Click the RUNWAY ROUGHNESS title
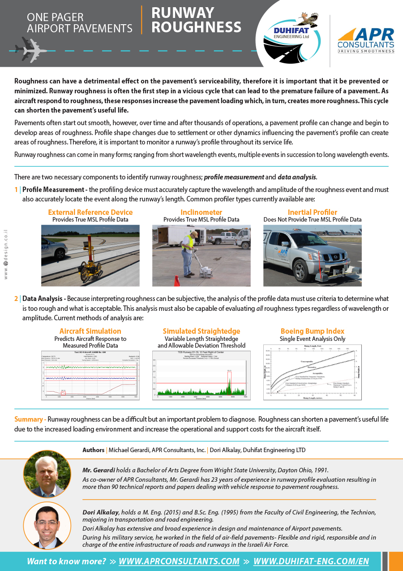coord(196,20)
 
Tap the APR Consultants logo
coord(366,40)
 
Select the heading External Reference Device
coord(90,212)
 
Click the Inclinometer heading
coord(201,212)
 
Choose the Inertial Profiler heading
coord(312,212)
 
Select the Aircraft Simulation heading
coord(90,331)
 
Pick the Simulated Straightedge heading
coord(201,331)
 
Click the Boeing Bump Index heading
coord(312,331)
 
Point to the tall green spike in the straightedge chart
coord(229,384)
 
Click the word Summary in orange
coord(29,419)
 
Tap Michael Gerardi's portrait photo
coord(47,474)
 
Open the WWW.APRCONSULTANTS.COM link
coord(179,561)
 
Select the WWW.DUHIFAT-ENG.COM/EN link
coord(311,561)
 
